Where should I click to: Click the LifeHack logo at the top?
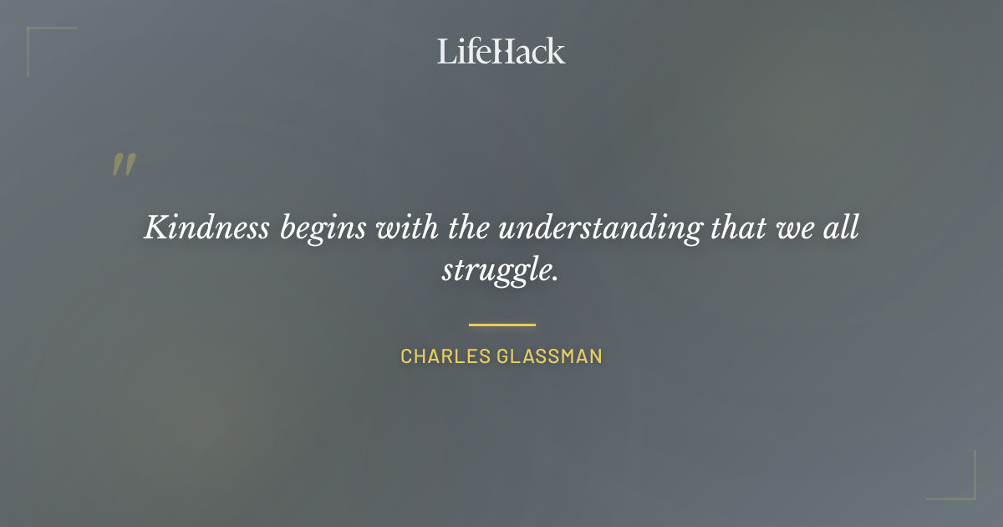click(x=501, y=51)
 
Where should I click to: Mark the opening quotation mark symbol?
click(x=123, y=165)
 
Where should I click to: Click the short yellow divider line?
click(x=501, y=325)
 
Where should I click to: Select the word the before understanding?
click(x=468, y=227)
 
